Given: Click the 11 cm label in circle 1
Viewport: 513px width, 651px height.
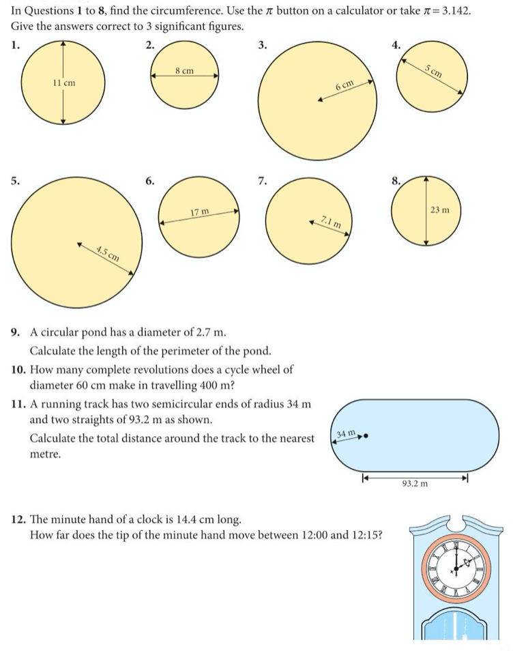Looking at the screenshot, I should click(63, 83).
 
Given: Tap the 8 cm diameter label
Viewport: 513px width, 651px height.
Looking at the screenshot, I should click(184, 70).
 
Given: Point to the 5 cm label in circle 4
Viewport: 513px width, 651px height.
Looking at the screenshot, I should click(433, 70).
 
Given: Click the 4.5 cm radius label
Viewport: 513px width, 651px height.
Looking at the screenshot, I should click(108, 253).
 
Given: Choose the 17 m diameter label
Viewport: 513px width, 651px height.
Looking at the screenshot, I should click(200, 213).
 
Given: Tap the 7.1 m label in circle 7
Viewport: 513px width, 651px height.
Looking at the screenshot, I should click(330, 221).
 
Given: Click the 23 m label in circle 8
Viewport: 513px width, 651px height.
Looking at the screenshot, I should click(440, 209).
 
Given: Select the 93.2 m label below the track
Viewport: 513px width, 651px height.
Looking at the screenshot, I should click(415, 484).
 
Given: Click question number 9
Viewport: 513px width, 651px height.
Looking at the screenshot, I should click(16, 333).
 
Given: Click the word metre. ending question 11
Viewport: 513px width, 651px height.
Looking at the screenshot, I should click(46, 453).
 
